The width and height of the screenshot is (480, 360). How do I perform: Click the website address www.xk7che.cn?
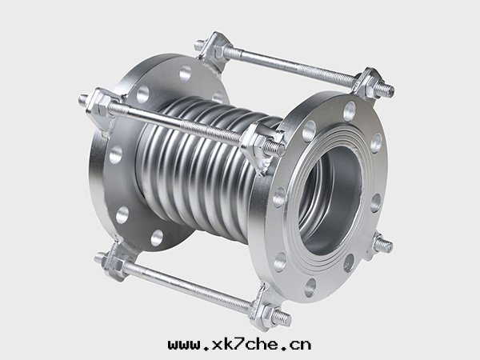tap(240, 344)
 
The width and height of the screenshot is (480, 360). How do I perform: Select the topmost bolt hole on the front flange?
tap(350, 112)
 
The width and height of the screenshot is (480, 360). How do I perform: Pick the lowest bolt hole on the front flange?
tap(310, 287)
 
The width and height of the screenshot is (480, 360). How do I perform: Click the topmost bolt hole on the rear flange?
tap(186, 73)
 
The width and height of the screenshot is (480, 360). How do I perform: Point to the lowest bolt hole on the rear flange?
tap(157, 238)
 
